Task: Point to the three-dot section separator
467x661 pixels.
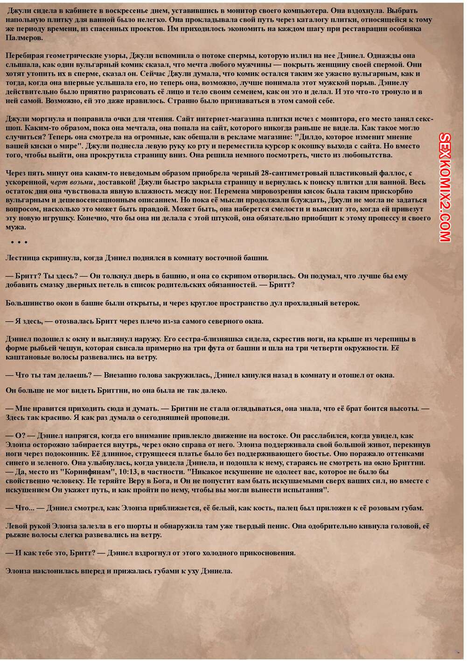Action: point(19,242)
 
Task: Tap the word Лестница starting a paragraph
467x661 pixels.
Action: point(23,257)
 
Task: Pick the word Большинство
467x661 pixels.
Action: point(28,303)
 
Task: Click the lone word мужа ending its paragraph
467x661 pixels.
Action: point(15,227)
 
